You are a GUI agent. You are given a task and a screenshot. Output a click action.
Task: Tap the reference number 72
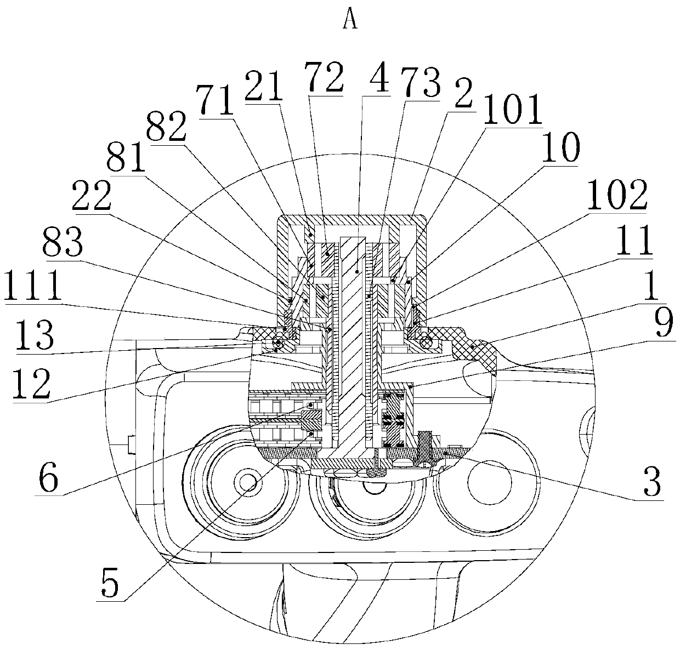coord(324,77)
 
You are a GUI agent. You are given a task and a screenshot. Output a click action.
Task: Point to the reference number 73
coord(420,83)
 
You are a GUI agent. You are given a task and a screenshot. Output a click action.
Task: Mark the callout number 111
coord(33,285)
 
